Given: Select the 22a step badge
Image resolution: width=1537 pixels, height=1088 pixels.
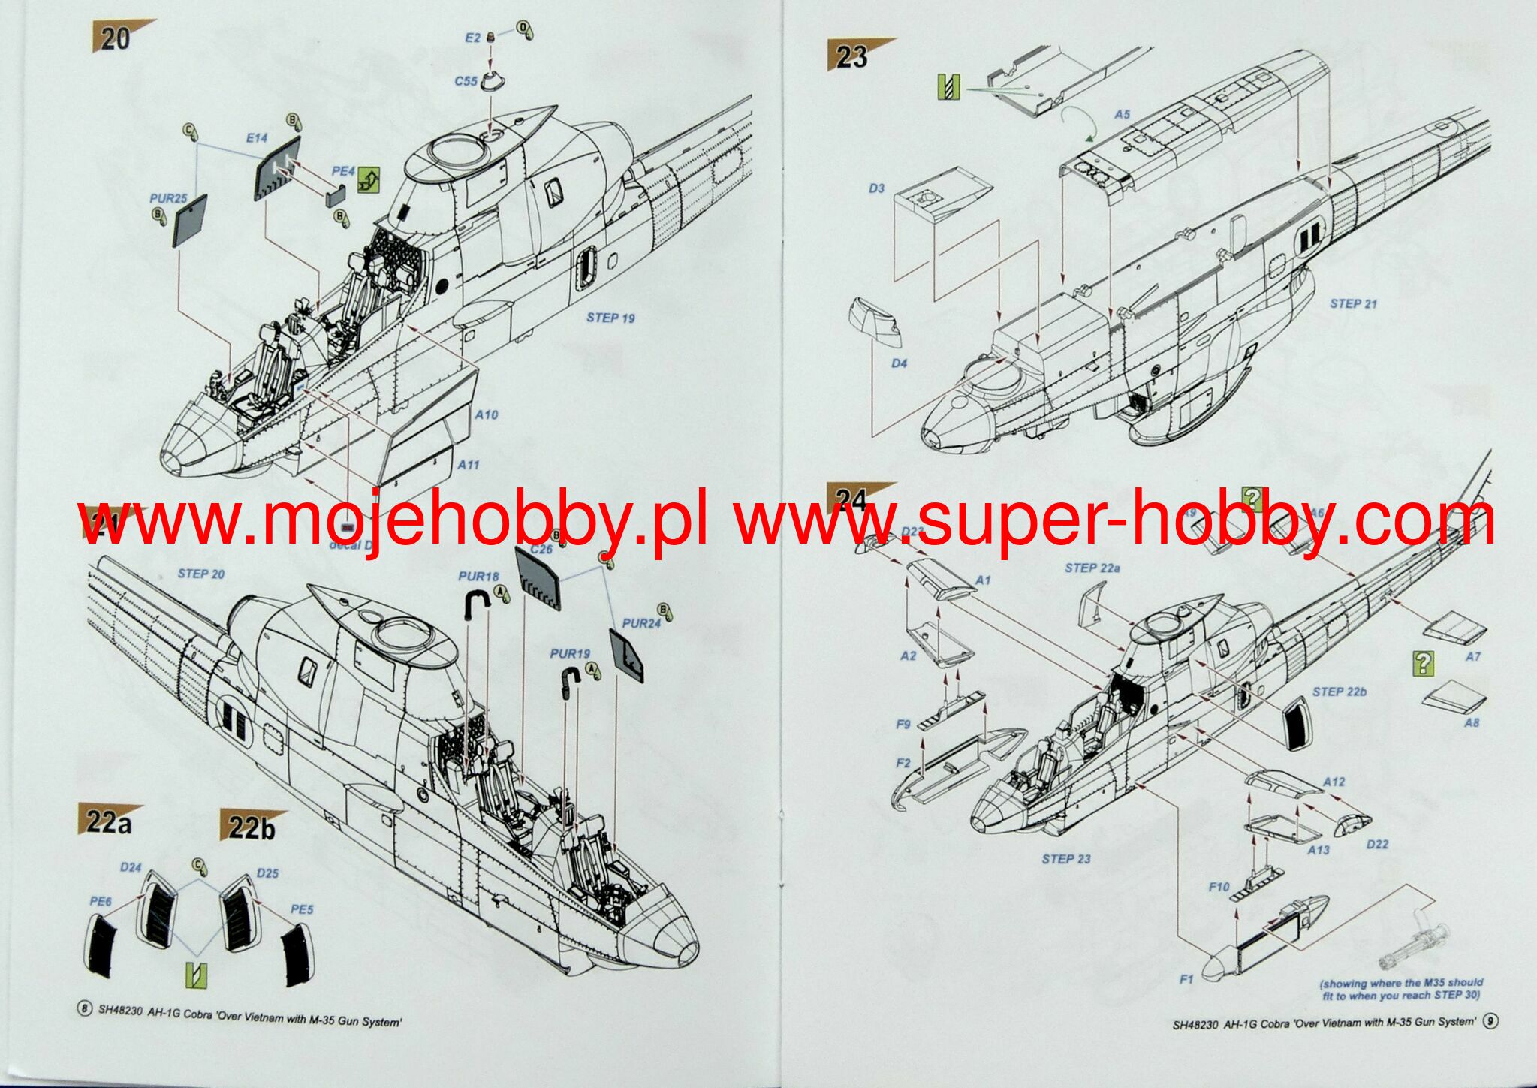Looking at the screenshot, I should pos(109,822).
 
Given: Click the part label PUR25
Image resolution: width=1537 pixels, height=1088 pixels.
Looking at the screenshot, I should pos(168,199).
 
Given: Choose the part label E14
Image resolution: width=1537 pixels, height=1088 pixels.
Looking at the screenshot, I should pos(257,138).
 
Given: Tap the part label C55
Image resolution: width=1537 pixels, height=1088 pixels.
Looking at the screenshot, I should pos(466,80).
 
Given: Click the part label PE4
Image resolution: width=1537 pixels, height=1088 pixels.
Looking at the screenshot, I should pos(343,172).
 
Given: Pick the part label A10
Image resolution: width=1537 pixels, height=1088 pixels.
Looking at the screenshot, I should pos(487,414).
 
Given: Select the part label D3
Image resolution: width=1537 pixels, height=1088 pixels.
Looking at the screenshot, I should pos(876,188).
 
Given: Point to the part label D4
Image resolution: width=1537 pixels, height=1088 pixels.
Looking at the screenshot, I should pos(899,363).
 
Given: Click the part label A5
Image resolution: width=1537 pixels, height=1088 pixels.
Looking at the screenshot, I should pos(1122,115).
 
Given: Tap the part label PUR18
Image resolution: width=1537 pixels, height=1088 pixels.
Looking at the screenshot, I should pos(478,577).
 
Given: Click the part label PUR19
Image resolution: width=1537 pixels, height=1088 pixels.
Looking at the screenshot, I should pos(570,654).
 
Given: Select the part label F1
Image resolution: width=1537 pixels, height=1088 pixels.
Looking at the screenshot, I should pos(1186,979).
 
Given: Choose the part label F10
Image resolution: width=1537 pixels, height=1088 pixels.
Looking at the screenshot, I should pos(1219,888).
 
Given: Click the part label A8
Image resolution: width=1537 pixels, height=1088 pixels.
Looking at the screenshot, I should pos(1471,723).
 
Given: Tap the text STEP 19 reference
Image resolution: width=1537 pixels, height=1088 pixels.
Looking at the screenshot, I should pos(610,318).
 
